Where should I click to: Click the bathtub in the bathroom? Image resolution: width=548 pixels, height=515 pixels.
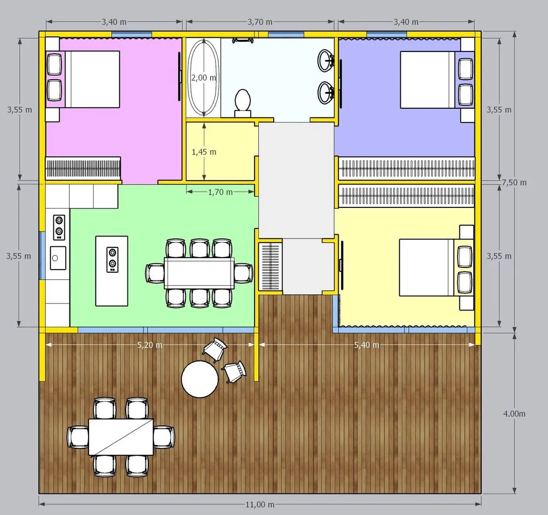click(x=203, y=78)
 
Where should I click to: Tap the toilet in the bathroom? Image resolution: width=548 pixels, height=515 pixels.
click(x=243, y=103)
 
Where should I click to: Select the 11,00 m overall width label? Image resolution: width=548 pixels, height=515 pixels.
click(x=260, y=505)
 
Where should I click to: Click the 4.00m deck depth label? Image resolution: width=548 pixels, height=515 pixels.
click(x=514, y=413)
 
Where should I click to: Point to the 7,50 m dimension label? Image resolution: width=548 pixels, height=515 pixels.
click(x=514, y=183)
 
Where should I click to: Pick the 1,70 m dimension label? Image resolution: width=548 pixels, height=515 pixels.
click(x=220, y=192)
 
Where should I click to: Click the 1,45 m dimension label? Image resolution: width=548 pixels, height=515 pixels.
click(x=204, y=152)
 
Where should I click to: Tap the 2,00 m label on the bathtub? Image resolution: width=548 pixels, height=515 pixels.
click(x=203, y=78)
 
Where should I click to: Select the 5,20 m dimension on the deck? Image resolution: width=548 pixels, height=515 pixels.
click(x=150, y=345)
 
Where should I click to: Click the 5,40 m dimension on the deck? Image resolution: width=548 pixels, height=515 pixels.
click(x=366, y=345)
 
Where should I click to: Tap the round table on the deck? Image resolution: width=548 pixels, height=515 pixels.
click(x=200, y=379)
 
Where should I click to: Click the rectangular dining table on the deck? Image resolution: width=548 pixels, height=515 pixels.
click(x=121, y=437)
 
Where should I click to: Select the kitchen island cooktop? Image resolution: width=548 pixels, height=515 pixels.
click(x=112, y=259)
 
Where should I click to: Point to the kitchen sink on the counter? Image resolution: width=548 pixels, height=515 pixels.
click(x=58, y=258)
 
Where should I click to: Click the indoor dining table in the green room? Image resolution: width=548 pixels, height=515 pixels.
click(x=199, y=273)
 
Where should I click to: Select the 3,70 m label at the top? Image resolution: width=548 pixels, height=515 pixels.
click(x=260, y=21)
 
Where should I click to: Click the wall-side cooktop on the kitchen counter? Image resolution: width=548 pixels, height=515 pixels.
click(x=59, y=227)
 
